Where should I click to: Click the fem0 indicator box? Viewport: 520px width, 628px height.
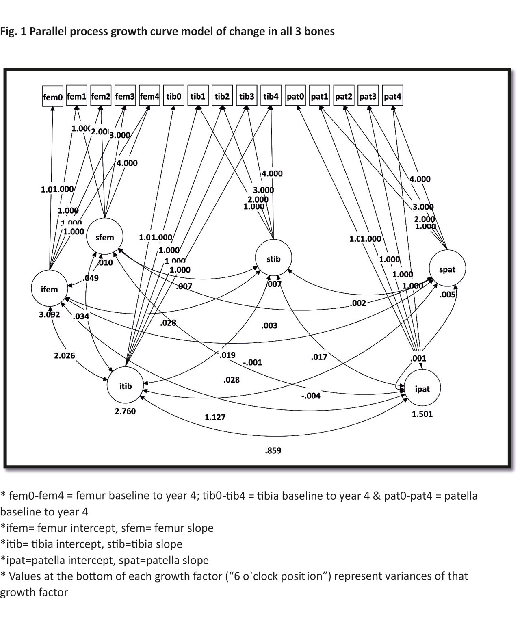pos(53,96)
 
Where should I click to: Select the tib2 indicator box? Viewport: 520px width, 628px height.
pos(222,96)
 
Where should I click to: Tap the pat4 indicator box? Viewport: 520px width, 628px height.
pos(392,96)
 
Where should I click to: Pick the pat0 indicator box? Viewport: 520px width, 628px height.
pos(295,96)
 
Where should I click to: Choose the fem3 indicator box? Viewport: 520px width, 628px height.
pos(125,96)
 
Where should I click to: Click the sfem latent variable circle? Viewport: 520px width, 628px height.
pos(105,238)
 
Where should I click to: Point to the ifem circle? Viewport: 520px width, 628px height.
pos(49,289)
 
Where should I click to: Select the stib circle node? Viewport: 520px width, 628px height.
pos(273,259)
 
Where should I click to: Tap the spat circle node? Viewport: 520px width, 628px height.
pos(447,269)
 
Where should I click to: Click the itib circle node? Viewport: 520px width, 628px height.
pos(126,386)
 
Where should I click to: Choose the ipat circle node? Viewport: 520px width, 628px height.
pos(422,389)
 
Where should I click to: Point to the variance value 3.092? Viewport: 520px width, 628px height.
pos(50,314)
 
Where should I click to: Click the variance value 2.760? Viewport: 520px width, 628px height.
pos(126,411)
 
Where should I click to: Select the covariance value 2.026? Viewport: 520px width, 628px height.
pos(65,355)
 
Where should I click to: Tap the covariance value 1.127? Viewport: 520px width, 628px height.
pos(215,417)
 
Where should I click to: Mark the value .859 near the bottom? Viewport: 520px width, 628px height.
pos(273,450)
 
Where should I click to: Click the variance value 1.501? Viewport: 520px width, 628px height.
pos(422,414)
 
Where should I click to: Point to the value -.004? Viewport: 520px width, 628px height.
pos(311,396)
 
